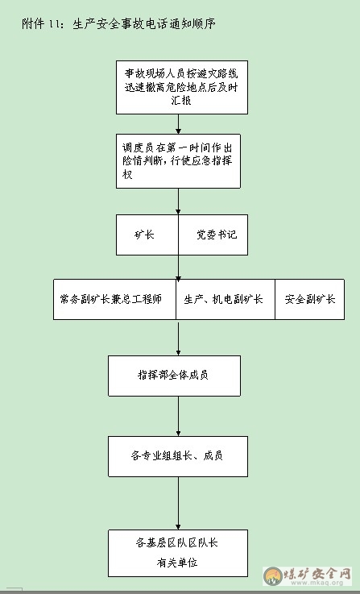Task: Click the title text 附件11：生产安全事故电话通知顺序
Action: pyautogui.click(x=118, y=24)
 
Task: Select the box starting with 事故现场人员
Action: pyautogui.click(x=182, y=87)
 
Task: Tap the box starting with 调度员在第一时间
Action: pyautogui.click(x=178, y=161)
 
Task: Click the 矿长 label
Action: pyautogui.click(x=144, y=235)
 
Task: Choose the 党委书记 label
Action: pyautogui.click(x=217, y=235)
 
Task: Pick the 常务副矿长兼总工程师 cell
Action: pyautogui.click(x=114, y=299)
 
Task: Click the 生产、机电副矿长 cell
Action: pyautogui.click(x=226, y=299)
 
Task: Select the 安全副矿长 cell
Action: pyautogui.click(x=309, y=299)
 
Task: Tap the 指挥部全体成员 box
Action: pyautogui.click(x=174, y=376)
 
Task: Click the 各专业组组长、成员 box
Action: pyautogui.click(x=178, y=456)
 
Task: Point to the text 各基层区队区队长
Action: pyautogui.click(x=177, y=542)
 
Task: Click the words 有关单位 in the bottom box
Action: pyautogui.click(x=177, y=563)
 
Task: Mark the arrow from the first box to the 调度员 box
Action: pyautogui.click(x=178, y=124)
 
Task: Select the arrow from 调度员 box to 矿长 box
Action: pyautogui.click(x=178, y=201)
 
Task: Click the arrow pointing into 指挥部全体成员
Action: pyautogui.click(x=178, y=338)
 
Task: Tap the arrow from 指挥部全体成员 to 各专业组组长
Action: pyautogui.click(x=178, y=416)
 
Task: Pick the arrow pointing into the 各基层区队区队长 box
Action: pyautogui.click(x=178, y=503)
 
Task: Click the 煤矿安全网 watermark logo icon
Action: pyautogui.click(x=273, y=576)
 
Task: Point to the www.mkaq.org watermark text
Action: pyautogui.click(x=317, y=583)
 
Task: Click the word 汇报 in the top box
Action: pyautogui.click(x=181, y=101)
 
